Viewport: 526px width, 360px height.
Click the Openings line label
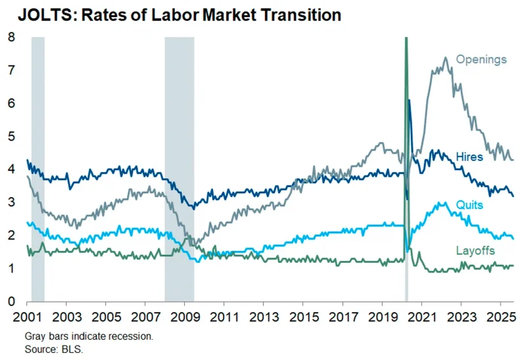pos(483,60)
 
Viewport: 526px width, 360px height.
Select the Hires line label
pos(469,157)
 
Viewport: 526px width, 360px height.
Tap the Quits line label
pos(469,205)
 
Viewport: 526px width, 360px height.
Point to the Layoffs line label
pos(475,251)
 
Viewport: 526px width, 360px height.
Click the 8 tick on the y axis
pos(11,37)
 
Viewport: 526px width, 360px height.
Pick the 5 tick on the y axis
pos(11,137)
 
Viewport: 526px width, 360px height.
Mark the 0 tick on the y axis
pos(11,302)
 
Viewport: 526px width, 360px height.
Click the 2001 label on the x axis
pos(28,316)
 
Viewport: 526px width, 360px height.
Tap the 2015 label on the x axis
pos(302,316)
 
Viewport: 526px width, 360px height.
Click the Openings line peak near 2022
pos(445,58)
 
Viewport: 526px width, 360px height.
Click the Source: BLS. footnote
pos(54,348)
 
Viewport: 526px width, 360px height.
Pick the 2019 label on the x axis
pos(381,316)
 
